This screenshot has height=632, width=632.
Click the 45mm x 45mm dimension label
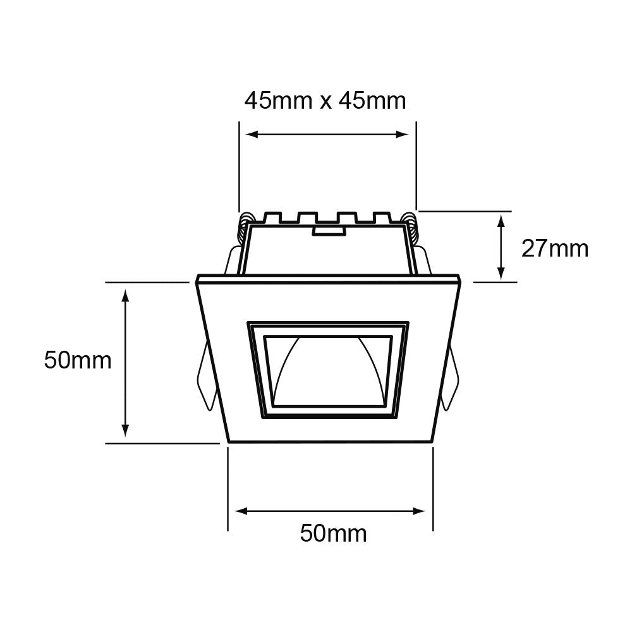(x=325, y=100)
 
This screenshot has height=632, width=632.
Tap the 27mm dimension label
(x=555, y=248)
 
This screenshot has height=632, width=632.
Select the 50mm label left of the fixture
(x=78, y=360)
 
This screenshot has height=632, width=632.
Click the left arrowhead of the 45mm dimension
(x=252, y=134)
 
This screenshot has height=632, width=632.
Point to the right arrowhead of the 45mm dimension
(x=402, y=134)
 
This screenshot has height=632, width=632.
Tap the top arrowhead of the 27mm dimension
(x=501, y=221)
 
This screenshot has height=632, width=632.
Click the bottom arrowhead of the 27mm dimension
(x=501, y=273)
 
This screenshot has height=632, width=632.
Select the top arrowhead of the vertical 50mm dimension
(x=125, y=295)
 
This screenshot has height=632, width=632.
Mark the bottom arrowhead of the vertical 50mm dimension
(x=125, y=430)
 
